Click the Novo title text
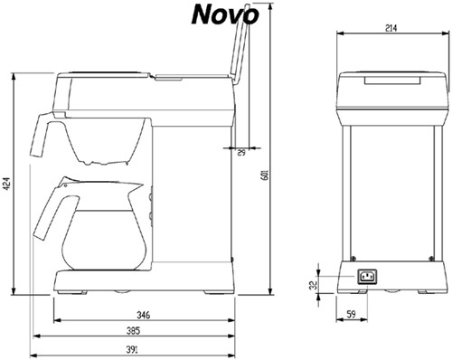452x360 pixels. click(x=223, y=14)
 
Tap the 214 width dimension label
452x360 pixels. click(x=391, y=28)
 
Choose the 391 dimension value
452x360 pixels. click(x=133, y=350)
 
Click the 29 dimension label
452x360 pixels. click(x=241, y=153)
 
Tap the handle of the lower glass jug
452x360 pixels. click(x=47, y=213)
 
